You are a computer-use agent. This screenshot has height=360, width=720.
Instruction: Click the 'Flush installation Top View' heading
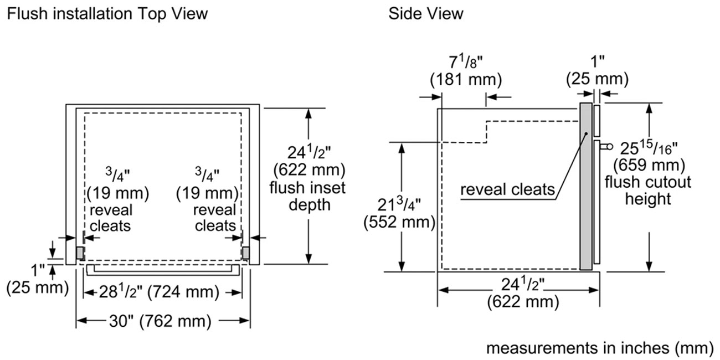107,13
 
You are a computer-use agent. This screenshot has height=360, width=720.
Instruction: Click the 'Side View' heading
425,13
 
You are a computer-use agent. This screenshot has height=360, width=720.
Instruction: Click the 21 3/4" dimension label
398,204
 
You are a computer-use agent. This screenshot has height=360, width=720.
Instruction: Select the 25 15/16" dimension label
647,148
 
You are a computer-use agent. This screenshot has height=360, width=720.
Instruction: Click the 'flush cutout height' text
647,190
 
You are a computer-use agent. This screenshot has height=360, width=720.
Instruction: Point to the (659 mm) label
647,165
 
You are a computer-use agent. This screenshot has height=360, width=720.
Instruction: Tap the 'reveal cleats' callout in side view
507,190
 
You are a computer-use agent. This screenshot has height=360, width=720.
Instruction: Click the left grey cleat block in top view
80,253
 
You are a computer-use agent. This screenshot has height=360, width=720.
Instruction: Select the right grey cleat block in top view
245,253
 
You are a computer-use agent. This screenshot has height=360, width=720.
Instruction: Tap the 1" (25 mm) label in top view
37,280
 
